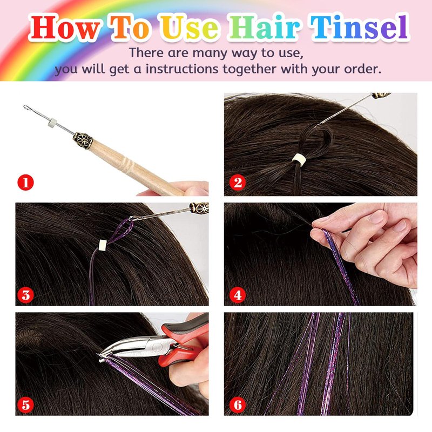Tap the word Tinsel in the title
tap(359, 28)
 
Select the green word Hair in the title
tap(265, 28)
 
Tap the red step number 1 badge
tap(25, 183)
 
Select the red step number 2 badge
tap(238, 183)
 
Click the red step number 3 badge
tap(25, 295)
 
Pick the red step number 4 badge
tap(238, 295)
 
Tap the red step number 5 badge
tap(25, 405)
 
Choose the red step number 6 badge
tap(238, 405)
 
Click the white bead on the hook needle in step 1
tap(52, 122)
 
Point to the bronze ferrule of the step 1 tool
tap(83, 140)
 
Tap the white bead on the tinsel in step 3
tap(103, 245)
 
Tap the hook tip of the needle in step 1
tap(25, 106)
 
